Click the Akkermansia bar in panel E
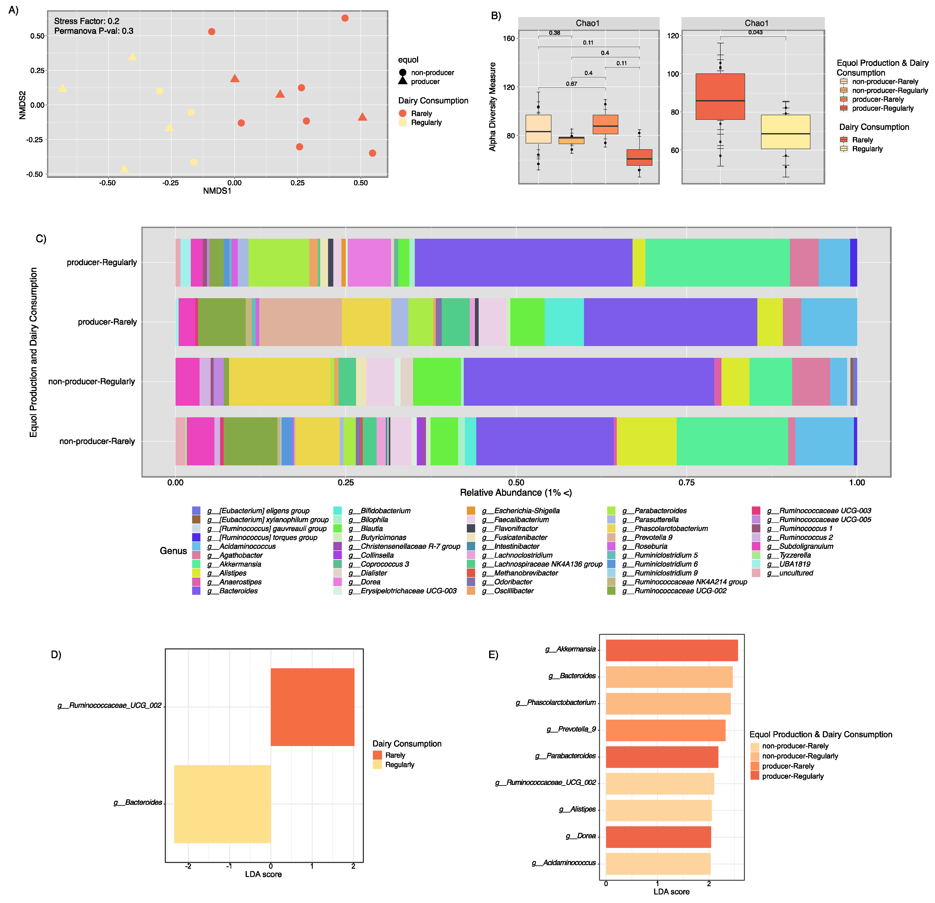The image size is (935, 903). [671, 650]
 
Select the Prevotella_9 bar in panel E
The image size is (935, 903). [665, 730]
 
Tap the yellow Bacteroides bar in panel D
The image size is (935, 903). [222, 804]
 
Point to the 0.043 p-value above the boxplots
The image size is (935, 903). [755, 32]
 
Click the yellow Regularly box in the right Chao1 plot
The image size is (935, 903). [785, 132]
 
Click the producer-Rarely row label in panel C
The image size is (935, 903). [107, 322]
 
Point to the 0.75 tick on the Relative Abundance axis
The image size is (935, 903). [686, 482]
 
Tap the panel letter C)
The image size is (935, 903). [41, 238]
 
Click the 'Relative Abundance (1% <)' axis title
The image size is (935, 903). [516, 493]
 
